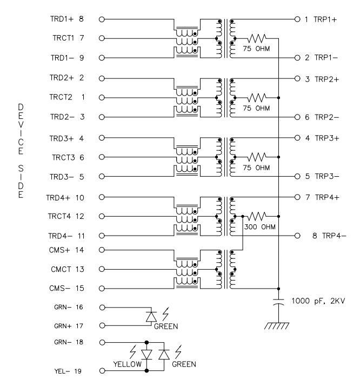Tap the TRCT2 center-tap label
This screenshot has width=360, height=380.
[59, 97]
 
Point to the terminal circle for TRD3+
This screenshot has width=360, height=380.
[101, 138]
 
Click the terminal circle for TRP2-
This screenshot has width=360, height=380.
[296, 117]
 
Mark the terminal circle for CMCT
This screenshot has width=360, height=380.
[101, 269]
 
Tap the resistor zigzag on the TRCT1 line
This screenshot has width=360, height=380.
[257, 38]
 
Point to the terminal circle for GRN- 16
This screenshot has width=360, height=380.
[101, 307]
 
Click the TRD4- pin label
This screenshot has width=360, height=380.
[59, 236]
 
